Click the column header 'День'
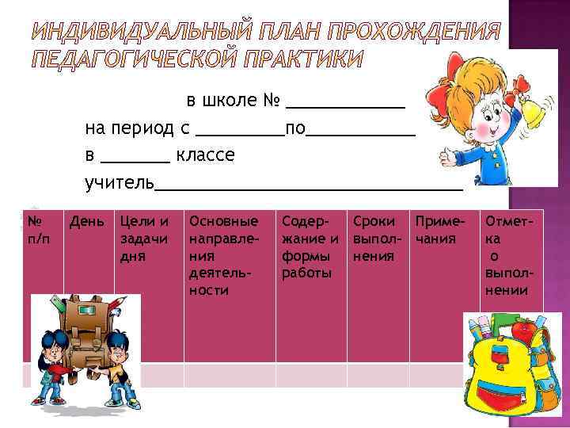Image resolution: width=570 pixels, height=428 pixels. [x=85, y=220]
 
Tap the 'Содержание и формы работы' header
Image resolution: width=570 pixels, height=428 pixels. [x=310, y=246]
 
